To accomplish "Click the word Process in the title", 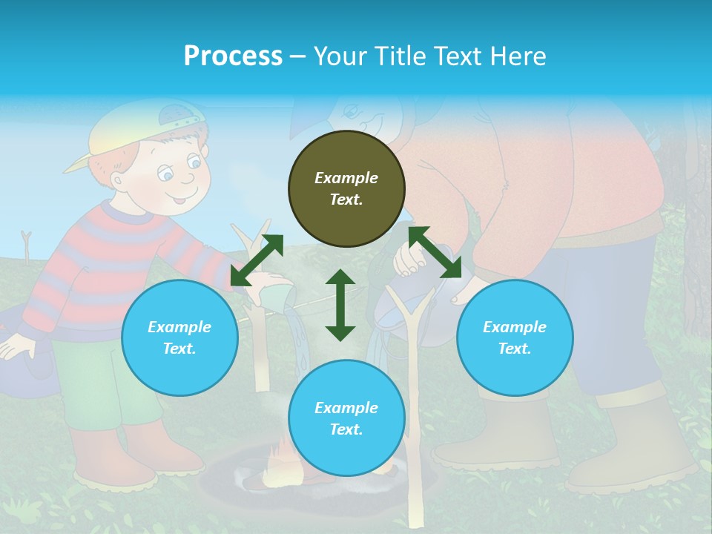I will (x=233, y=56).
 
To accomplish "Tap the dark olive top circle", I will (x=346, y=188).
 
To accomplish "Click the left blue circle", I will (x=179, y=337).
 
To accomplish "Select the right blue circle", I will (x=515, y=337).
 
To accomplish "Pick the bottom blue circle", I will (x=346, y=418).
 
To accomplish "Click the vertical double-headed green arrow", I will (x=340, y=305).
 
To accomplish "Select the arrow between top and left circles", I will (x=257, y=260).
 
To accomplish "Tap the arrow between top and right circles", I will (x=435, y=252).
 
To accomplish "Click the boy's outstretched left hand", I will (x=15, y=346).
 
